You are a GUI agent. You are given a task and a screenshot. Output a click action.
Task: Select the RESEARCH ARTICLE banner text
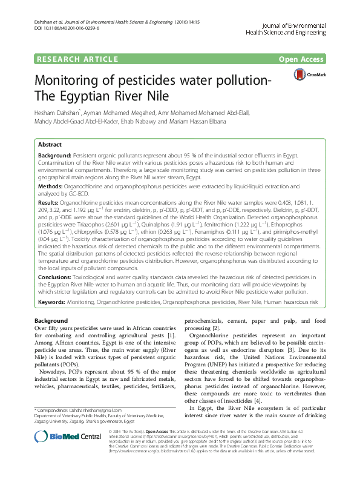(x=77, y=59)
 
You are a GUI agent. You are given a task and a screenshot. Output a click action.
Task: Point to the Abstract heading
(x=50, y=145)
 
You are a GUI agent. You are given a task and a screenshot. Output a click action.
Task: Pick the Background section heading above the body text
(x=51, y=320)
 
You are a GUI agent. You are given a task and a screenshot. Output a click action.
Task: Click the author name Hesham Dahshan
(x=59, y=113)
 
